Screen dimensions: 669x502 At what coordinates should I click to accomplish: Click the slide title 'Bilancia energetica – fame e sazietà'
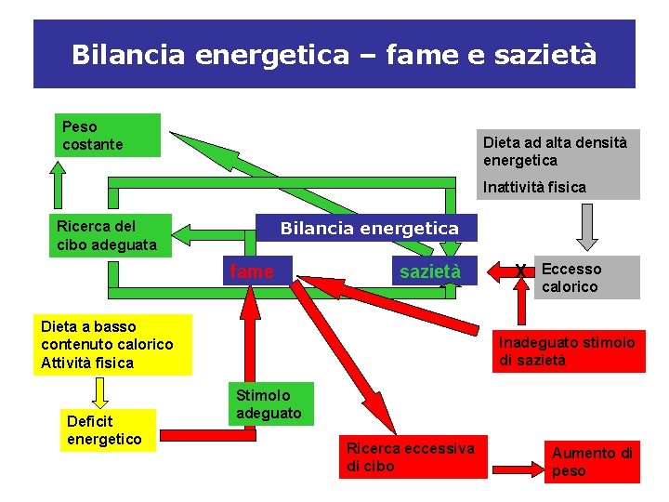(334, 54)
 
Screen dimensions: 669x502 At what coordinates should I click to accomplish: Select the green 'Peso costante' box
(107, 135)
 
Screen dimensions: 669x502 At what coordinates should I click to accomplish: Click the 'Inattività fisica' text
(534, 187)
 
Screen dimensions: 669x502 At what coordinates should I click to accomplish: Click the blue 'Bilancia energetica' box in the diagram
(369, 228)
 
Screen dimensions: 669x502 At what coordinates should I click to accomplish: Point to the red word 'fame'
(252, 271)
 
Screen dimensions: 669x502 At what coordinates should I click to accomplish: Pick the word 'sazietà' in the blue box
(429, 271)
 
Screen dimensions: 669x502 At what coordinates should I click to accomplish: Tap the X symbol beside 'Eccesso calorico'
(521, 271)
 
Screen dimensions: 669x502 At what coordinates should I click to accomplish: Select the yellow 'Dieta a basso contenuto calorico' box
(115, 344)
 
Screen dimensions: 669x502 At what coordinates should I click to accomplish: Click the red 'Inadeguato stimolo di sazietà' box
(569, 351)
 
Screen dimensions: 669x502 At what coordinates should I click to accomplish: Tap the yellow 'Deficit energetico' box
(108, 430)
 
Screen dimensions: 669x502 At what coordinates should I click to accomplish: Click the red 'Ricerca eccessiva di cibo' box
(412, 457)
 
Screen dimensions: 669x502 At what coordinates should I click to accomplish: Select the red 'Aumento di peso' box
(593, 462)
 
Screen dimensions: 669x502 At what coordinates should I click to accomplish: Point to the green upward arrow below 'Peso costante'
(58, 183)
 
